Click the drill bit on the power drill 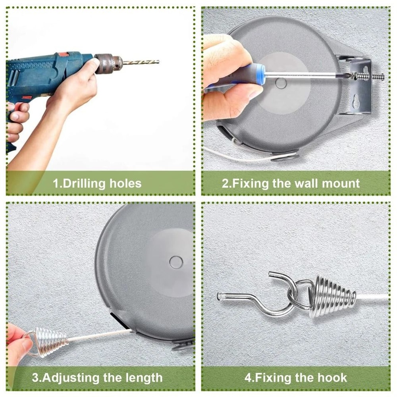coord(141,62)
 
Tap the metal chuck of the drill coord(108,63)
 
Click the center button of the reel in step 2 coord(281,83)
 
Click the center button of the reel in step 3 coord(176,262)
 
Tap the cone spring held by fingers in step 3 coord(50,341)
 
